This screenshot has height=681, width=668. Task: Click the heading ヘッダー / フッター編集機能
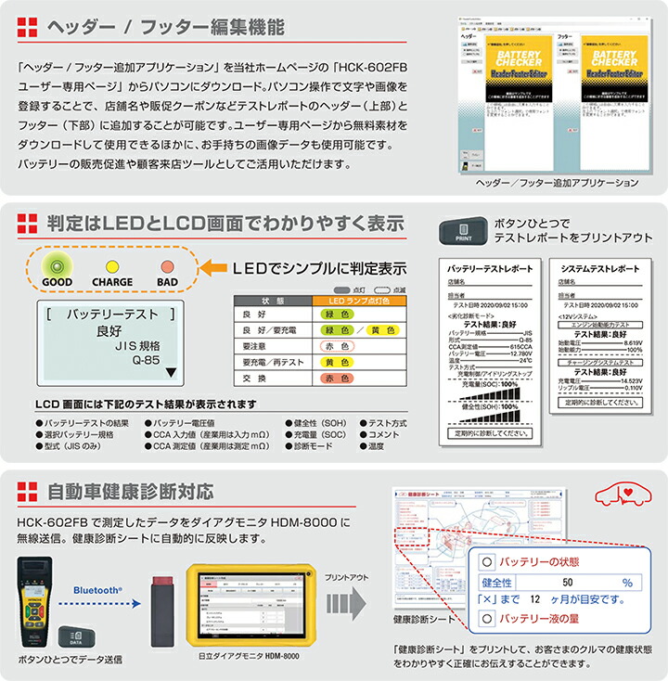click(x=163, y=28)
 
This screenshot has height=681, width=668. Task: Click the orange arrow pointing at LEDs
click(x=213, y=268)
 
